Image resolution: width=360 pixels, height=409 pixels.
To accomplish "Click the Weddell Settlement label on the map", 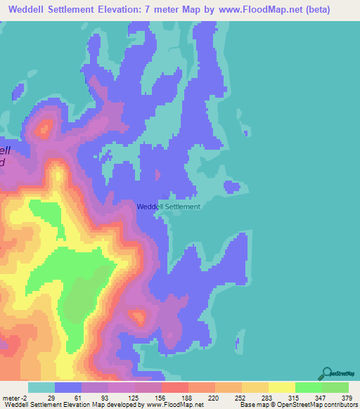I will [168, 207].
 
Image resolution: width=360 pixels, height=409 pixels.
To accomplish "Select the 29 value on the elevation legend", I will [51, 398].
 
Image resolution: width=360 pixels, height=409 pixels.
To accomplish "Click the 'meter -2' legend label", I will [13, 398].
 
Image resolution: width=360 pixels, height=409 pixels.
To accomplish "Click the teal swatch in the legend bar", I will [41, 387].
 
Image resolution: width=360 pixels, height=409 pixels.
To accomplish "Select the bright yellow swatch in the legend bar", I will [281, 387].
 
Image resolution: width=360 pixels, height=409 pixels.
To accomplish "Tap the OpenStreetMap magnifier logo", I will [327, 374].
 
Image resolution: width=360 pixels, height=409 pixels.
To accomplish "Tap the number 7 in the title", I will [171, 11].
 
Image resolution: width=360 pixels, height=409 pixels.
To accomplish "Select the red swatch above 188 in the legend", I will [174, 387].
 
